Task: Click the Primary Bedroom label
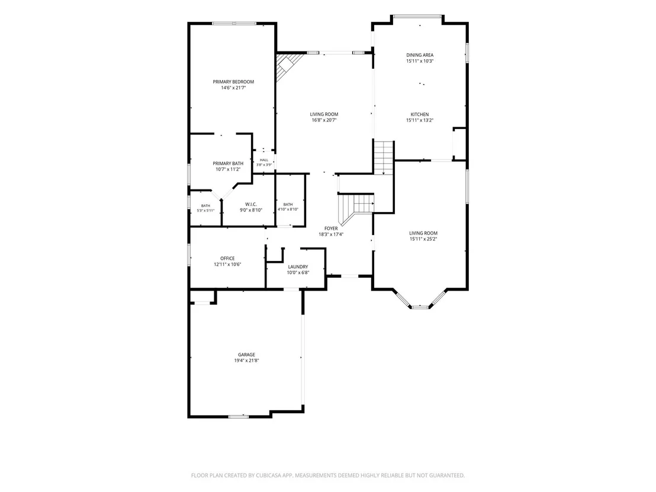[233, 82]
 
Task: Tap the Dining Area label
[420, 55]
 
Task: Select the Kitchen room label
[420, 114]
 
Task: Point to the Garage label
[246, 355]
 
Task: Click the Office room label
[227, 258]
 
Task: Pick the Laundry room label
[298, 266]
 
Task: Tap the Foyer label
[331, 229]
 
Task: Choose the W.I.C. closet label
[251, 204]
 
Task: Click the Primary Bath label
[228, 163]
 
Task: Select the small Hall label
[264, 160]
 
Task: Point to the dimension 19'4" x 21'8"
[246, 360]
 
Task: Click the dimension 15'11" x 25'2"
[423, 239]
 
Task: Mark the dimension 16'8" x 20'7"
[324, 120]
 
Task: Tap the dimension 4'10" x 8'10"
[288, 209]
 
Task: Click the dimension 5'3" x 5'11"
[205, 210]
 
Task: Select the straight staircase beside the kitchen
[384, 157]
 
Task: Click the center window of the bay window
[420, 307]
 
